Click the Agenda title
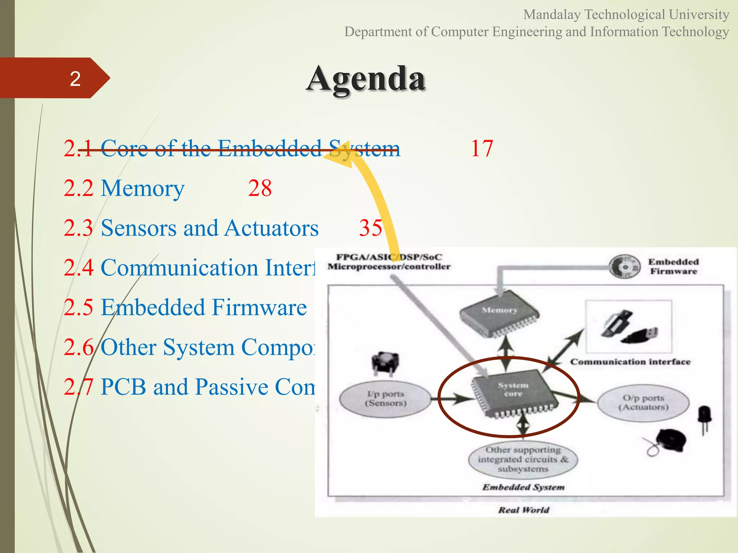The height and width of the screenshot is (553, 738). (366, 79)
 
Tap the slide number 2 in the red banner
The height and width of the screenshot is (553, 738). (75, 78)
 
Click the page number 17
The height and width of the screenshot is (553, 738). (481, 148)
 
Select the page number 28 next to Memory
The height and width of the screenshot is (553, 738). (260, 188)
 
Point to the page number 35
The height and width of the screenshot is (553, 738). (370, 228)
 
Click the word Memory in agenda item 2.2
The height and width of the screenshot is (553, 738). (142, 188)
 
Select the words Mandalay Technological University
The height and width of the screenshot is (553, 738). (626, 14)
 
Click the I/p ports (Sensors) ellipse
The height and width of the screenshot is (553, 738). (386, 399)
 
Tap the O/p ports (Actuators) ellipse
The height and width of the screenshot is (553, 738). (643, 403)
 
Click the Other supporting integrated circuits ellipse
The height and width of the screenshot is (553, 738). (523, 459)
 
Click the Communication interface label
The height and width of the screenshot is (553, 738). (630, 362)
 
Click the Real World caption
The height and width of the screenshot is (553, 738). (523, 510)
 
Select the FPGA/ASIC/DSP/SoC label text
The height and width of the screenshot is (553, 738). (388, 257)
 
